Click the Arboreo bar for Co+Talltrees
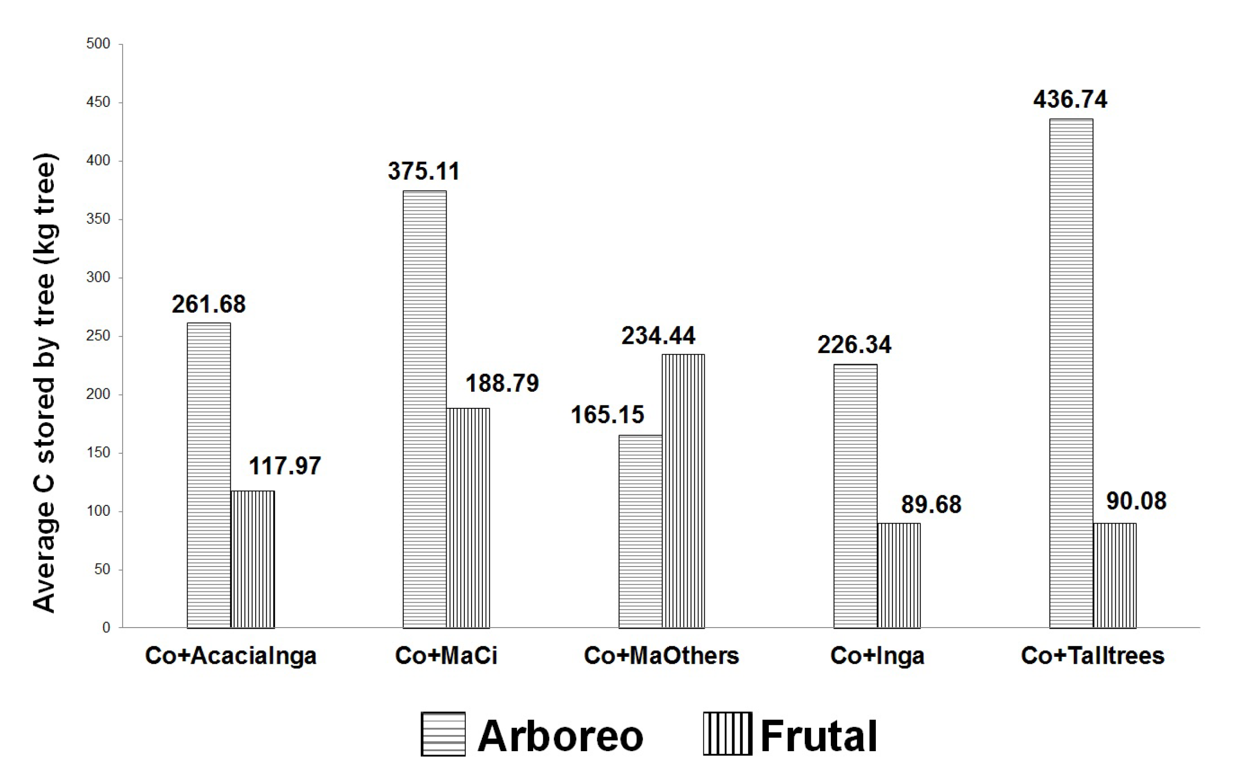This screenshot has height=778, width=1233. click(x=1071, y=373)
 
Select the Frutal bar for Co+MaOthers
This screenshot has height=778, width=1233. click(x=683, y=491)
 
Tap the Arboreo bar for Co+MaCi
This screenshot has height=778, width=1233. click(x=425, y=409)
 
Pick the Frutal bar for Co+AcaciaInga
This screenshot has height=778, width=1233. click(x=253, y=559)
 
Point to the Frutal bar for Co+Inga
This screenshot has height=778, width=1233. click(x=899, y=575)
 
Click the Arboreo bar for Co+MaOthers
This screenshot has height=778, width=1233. click(x=640, y=531)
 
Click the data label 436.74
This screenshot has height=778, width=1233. click(x=1070, y=99)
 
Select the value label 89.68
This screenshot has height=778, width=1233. click(x=931, y=505)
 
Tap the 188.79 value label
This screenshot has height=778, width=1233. click(x=502, y=383)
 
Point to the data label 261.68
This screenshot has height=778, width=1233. click(x=209, y=304)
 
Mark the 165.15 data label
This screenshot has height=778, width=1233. click(x=608, y=415)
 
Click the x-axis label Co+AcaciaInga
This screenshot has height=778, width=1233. click(x=231, y=656)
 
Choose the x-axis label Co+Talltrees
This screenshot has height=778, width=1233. click(x=1093, y=656)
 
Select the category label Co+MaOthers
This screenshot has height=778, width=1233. click(x=662, y=656)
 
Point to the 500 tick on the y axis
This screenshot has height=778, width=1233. click(x=98, y=44)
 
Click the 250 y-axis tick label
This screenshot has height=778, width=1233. click(x=98, y=336)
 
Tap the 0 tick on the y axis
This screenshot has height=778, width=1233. click(x=106, y=628)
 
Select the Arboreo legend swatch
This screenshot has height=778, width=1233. click(x=443, y=734)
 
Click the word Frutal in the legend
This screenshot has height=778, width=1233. click(x=819, y=736)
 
